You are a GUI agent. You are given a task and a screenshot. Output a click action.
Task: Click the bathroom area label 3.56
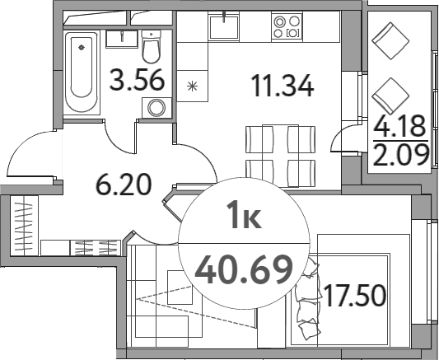click(137, 82)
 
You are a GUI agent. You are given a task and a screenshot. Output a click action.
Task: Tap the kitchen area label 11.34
click(283, 85)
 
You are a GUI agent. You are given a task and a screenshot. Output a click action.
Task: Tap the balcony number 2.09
click(399, 154)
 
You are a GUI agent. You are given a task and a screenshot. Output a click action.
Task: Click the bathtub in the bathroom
click(82, 70)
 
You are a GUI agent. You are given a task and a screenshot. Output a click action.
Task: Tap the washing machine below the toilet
click(155, 107)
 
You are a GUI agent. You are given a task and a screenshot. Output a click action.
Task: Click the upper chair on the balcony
click(390, 39)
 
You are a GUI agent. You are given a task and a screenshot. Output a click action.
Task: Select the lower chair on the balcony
click(390, 95)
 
